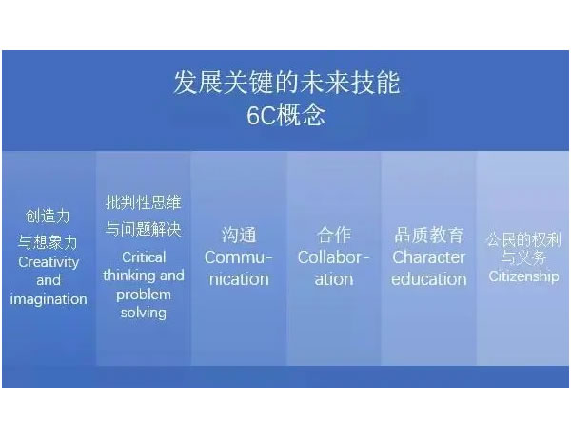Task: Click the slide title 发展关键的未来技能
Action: pyautogui.click(x=286, y=83)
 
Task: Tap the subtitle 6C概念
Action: pyautogui.click(x=286, y=115)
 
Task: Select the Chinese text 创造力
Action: pyautogui.click(x=48, y=216)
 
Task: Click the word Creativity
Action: pyautogui.click(x=49, y=262)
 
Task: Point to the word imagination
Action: pyautogui.click(x=49, y=299)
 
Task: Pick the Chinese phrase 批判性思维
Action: pyautogui.click(x=143, y=202)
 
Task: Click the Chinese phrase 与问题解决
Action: pyautogui.click(x=143, y=229)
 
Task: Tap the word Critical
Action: pyautogui.click(x=144, y=257)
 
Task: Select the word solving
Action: pyautogui.click(x=144, y=313)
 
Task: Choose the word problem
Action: pyautogui.click(x=144, y=294)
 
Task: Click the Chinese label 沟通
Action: pyautogui.click(x=239, y=235)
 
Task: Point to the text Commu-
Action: pyautogui.click(x=239, y=257)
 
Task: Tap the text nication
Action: pyautogui.click(x=239, y=279)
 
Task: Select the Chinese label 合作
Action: pyautogui.click(x=334, y=235)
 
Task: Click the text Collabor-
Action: pyautogui.click(x=334, y=257)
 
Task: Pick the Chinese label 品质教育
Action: pyautogui.click(x=429, y=235)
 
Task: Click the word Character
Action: pyautogui.click(x=428, y=257)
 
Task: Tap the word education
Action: pyautogui.click(x=429, y=279)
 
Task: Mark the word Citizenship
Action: pyautogui.click(x=523, y=276)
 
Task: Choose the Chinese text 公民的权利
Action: pyautogui.click(x=523, y=240)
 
